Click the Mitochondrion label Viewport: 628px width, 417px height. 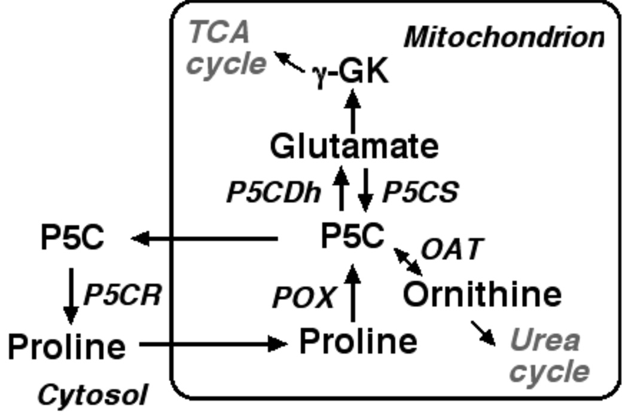tap(504, 37)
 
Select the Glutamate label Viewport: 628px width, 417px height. tap(353, 146)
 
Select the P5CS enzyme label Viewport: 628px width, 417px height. tap(420, 192)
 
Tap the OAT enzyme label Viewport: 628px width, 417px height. tap(450, 249)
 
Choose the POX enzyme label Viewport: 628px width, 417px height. tap(303, 297)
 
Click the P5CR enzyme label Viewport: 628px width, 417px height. tap(123, 294)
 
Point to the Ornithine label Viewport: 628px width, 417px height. tap(482, 294)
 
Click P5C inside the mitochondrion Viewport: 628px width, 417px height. tap(352, 237)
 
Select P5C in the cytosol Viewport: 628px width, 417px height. tap(72, 238)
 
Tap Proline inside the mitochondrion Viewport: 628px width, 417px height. tap(358, 341)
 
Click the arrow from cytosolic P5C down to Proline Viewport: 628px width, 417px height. tap(71, 295)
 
